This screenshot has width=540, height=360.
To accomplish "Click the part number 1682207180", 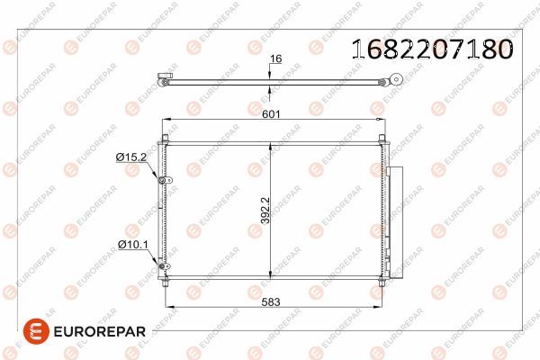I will coord(431,49).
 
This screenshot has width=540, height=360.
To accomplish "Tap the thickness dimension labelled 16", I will coord(275,58).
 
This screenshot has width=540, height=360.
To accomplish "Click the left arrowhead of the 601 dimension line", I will coord(164,123).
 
